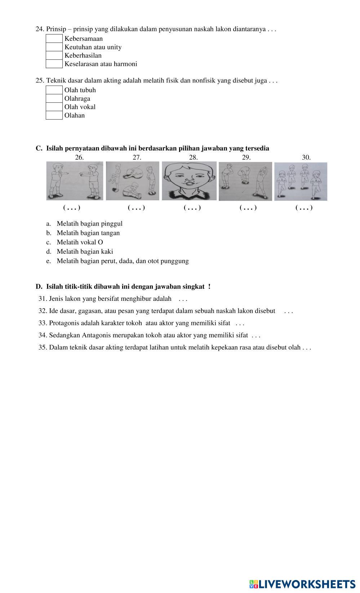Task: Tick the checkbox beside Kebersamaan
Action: tap(54, 39)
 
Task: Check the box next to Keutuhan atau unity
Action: tap(54, 47)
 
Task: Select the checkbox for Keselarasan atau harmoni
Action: tap(54, 64)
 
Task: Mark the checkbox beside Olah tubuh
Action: tap(54, 90)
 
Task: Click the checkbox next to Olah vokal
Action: tap(54, 107)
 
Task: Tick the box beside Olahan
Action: tap(54, 116)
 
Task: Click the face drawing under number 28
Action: tap(189, 181)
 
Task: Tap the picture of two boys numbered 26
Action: tap(75, 181)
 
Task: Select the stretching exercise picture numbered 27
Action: tap(133, 181)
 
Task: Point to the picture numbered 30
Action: tap(301, 181)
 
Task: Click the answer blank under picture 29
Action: tap(248, 208)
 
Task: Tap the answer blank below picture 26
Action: tap(72, 208)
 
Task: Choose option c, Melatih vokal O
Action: tap(80, 242)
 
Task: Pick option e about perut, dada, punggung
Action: tap(123, 261)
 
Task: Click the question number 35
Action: tap(43, 348)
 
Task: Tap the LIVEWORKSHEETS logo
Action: tap(302, 584)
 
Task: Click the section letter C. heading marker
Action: tap(39, 148)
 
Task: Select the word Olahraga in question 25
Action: tap(77, 99)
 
